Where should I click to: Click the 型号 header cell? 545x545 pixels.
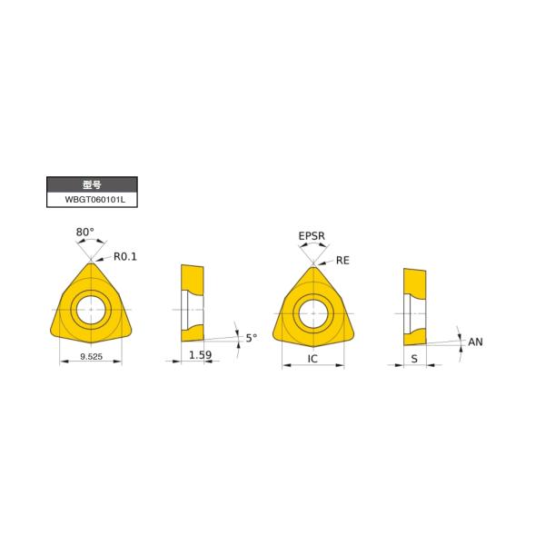92,183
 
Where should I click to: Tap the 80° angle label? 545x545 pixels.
84,233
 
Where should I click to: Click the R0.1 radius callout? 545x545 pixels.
125,256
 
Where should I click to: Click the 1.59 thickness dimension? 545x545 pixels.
201,356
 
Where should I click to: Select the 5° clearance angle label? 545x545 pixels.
251,338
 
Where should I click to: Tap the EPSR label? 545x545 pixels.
312,236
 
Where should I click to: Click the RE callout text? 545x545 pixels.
342,260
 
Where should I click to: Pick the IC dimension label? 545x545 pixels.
312,359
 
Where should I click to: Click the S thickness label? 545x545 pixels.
414,359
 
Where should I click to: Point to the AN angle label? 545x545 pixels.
474,342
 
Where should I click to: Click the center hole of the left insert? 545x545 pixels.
91,309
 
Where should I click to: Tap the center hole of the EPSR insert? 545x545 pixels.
313,311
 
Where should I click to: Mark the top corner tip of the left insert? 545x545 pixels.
91,264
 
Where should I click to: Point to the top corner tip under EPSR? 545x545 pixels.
313,266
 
